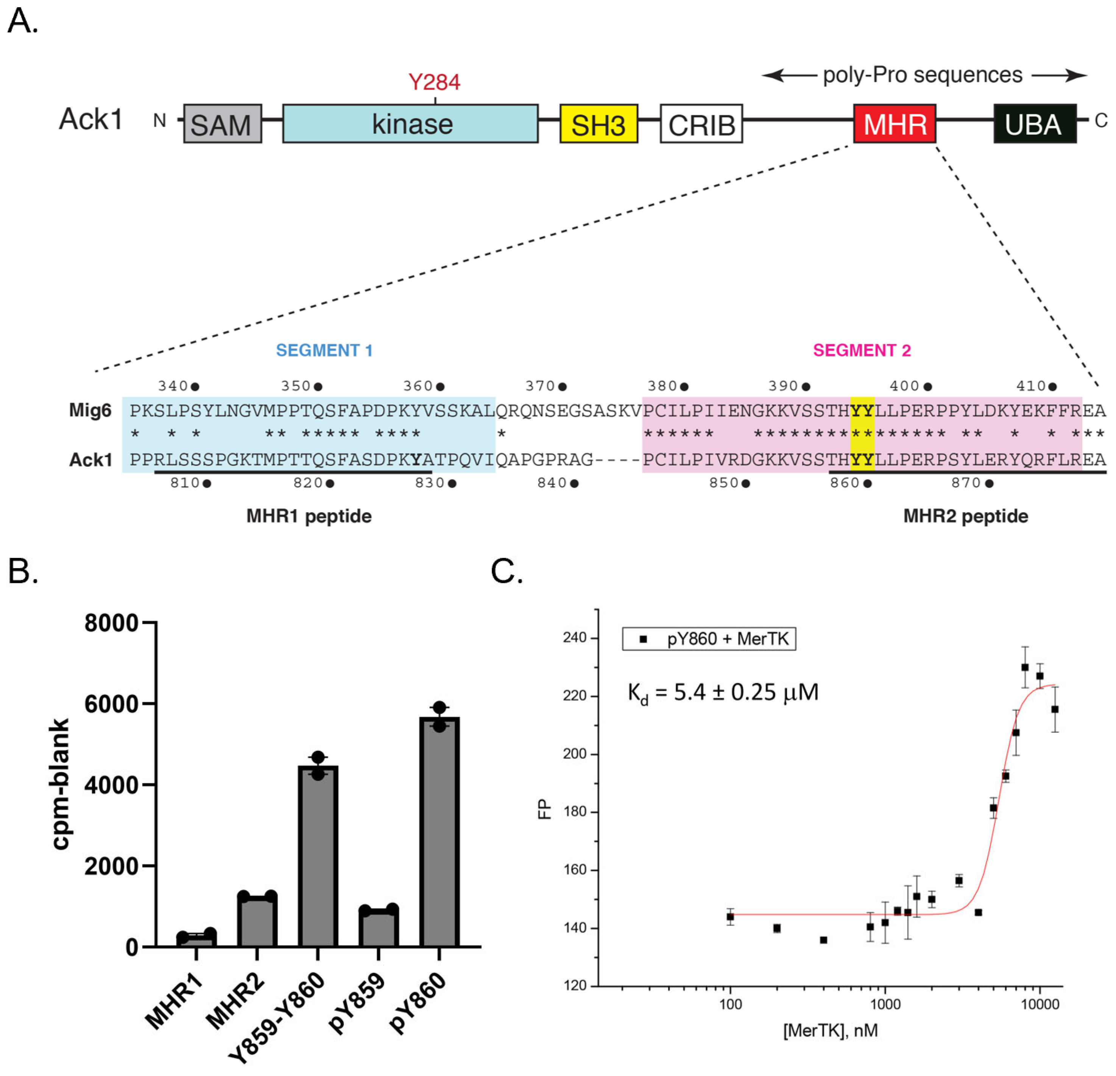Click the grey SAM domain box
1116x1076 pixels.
pyautogui.click(x=223, y=123)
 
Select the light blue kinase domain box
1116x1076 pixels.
pyautogui.click(x=410, y=123)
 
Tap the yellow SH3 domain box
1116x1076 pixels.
pyautogui.click(x=599, y=123)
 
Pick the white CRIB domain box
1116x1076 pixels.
pyautogui.click(x=701, y=123)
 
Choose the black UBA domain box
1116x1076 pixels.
pyautogui.click(x=1035, y=123)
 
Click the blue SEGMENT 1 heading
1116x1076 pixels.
pyautogui.click(x=324, y=350)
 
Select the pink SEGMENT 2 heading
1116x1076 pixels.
pyautogui.click(x=862, y=350)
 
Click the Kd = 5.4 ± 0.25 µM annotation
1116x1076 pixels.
pyautogui.click(x=723, y=692)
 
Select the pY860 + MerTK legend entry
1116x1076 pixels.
pyautogui.click(x=709, y=639)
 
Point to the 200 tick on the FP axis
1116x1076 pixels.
pyautogui.click(x=575, y=754)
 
